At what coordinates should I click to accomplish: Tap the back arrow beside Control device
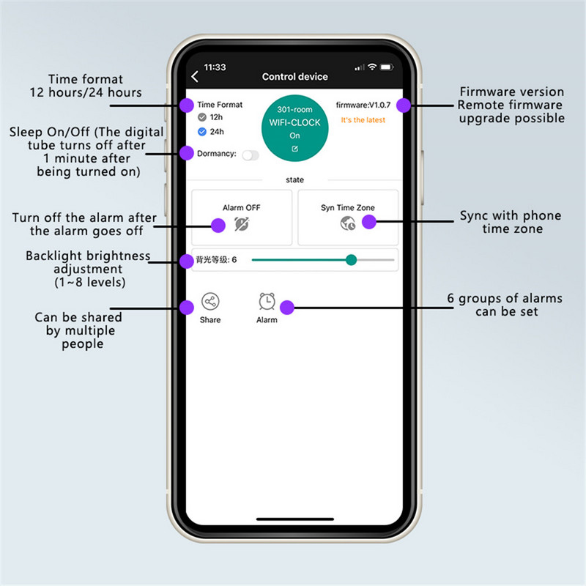[195, 77]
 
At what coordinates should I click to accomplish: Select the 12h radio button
[202, 117]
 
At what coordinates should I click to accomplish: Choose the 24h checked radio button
[202, 132]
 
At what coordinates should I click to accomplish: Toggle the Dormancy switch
[251, 155]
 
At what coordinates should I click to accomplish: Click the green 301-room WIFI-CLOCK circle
[295, 128]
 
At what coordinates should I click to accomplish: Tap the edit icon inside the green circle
[295, 149]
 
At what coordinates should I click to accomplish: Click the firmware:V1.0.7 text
[363, 105]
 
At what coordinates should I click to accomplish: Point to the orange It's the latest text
[363, 120]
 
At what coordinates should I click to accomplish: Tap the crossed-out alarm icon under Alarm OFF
[242, 224]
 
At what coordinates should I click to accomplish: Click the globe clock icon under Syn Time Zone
[347, 223]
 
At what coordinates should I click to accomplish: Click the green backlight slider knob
[351, 260]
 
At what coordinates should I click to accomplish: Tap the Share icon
[210, 301]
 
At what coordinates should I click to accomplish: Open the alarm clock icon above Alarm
[267, 301]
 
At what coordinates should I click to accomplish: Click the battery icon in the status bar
[387, 67]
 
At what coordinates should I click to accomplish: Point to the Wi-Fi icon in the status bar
[372, 67]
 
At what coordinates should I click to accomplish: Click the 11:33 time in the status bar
[215, 67]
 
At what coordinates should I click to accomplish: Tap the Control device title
[295, 77]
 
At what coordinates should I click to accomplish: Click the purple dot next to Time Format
[187, 105]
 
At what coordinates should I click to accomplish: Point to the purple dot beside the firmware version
[404, 105]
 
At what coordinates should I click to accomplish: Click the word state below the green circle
[295, 179]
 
